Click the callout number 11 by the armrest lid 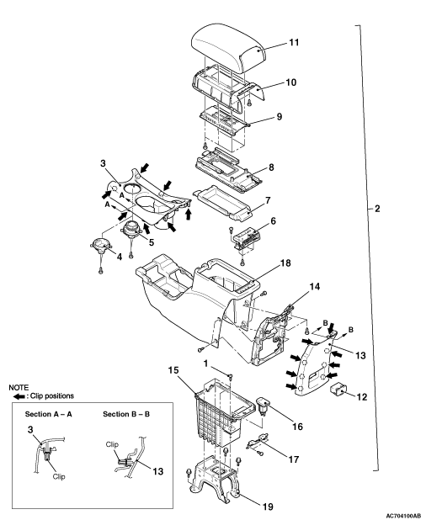click(294, 42)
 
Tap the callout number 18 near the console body click(285, 263)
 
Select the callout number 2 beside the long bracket click(377, 209)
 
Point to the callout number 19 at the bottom click(268, 507)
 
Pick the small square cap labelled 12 click(338, 389)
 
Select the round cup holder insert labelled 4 click(100, 246)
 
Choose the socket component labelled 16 click(264, 405)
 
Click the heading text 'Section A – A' click(49, 414)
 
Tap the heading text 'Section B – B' click(126, 414)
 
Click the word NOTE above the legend click(19, 387)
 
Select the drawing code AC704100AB click(403, 516)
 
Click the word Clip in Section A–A click(59, 476)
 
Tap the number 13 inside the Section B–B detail click(158, 471)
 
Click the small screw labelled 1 click(230, 376)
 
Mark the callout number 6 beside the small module click(273, 220)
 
